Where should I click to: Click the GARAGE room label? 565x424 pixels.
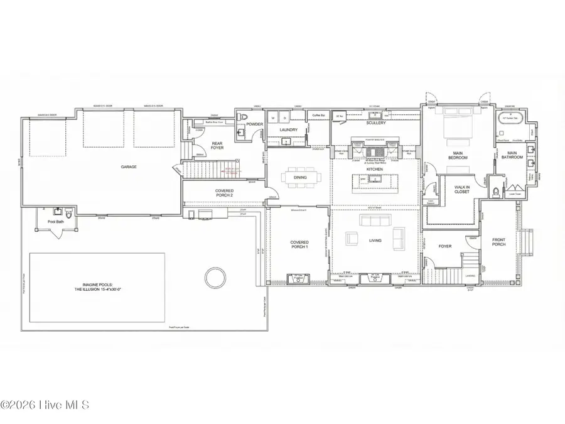(x=129, y=166)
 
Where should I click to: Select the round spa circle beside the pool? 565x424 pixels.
(x=215, y=276)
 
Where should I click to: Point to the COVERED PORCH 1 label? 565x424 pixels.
(x=299, y=244)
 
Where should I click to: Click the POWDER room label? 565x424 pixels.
(x=254, y=124)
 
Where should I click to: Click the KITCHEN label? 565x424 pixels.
(x=375, y=169)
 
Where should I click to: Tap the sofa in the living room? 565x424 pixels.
(x=369, y=220)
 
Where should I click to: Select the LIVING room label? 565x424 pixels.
(x=375, y=240)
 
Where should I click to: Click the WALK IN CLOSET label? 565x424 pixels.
(x=462, y=188)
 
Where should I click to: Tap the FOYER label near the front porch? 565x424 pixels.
(x=445, y=246)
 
